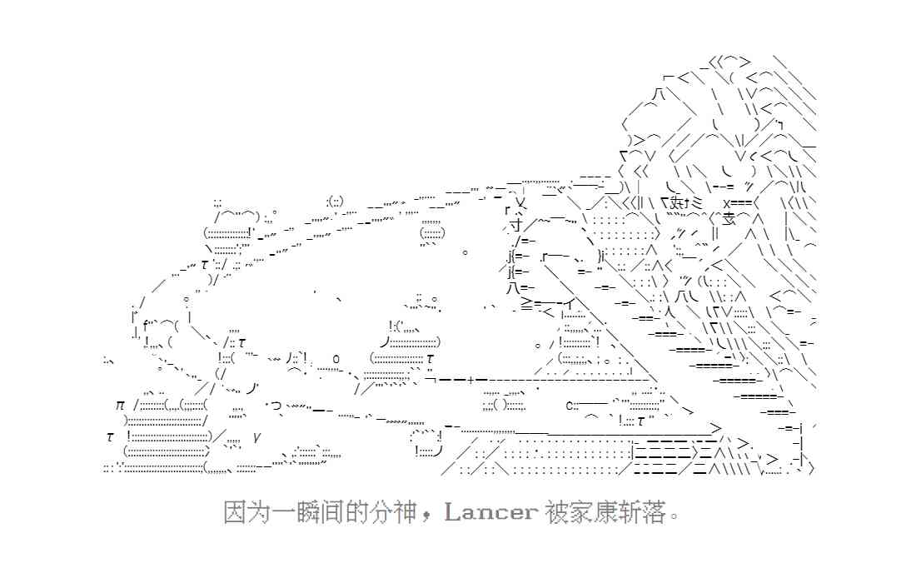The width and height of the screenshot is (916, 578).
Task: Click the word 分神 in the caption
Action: pos(392,512)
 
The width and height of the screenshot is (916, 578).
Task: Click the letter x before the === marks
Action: pos(726,202)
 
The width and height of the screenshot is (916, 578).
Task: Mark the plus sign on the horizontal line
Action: pos(471,379)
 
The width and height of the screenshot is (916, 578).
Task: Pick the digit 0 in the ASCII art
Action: pos(336,358)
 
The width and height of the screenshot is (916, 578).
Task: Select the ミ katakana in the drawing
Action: pos(697,202)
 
